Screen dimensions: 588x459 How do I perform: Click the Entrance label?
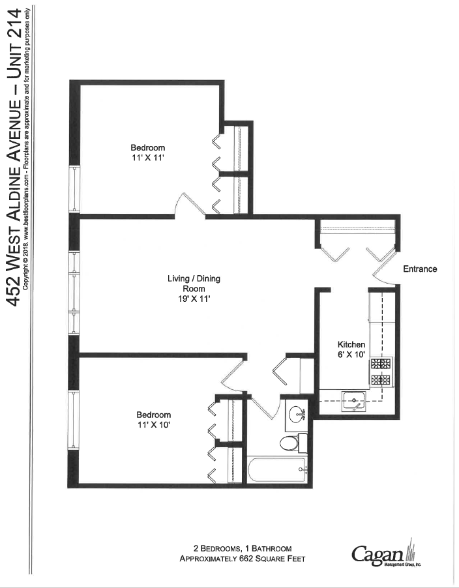click(420, 269)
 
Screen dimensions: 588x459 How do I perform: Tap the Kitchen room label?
click(351, 344)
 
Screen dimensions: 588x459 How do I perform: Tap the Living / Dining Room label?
click(194, 284)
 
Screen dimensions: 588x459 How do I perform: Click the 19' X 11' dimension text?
click(194, 299)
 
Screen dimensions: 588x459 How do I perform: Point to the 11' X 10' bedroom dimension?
click(153, 426)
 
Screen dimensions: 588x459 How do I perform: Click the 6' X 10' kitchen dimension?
click(351, 355)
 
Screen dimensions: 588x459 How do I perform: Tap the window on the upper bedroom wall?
click(74, 188)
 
